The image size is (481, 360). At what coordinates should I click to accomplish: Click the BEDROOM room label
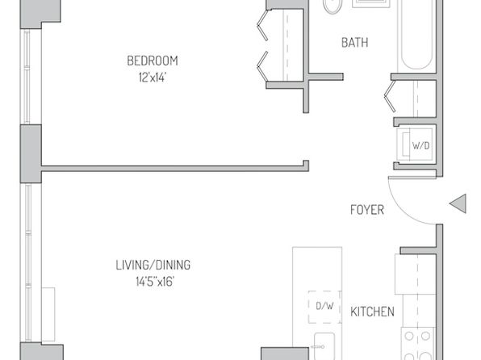153,61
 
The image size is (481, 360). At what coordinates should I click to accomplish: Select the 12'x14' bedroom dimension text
153,77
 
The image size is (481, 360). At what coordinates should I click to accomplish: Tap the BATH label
355,43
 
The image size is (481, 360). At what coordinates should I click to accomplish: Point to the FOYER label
367,210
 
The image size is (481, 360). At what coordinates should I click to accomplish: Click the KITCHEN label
372,312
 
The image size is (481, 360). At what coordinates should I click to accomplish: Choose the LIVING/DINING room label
153,265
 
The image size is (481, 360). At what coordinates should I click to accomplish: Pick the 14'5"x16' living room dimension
155,282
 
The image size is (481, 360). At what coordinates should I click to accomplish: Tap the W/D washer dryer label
421,145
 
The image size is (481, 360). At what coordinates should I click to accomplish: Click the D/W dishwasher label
324,306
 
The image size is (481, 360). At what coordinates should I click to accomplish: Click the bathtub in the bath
416,36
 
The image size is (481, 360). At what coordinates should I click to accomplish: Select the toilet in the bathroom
333,6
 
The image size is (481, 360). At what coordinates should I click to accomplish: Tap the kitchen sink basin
324,346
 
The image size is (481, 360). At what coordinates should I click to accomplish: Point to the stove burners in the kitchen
417,344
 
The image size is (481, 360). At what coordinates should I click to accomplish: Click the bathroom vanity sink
371,3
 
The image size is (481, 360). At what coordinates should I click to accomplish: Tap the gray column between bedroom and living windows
31,153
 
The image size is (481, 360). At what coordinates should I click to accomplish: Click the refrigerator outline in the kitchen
416,274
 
